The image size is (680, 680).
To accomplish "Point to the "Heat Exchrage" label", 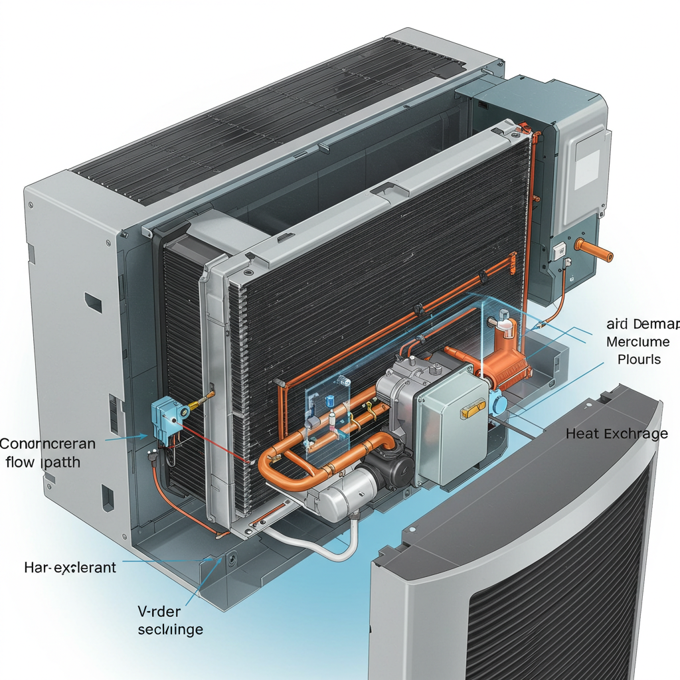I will coord(616,434).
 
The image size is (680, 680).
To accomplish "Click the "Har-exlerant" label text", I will coord(70,567).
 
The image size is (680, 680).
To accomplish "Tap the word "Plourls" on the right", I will coord(639,359).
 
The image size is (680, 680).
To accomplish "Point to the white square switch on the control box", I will coord(559,250).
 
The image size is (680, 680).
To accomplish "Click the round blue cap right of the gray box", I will coord(499,403).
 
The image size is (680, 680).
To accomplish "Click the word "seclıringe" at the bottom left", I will coord(170,629).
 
